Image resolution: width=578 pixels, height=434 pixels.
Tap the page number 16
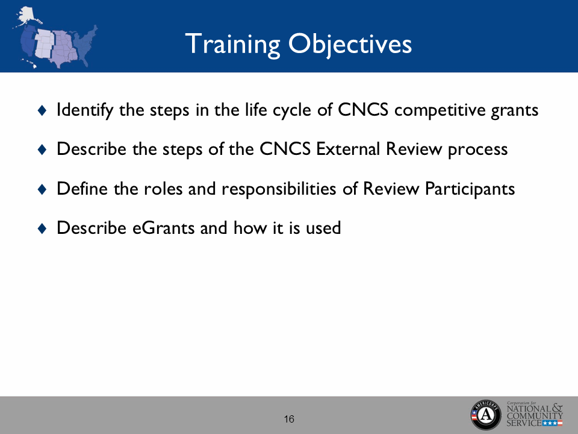(x=289, y=419)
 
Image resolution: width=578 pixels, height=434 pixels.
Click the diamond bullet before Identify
(x=42, y=110)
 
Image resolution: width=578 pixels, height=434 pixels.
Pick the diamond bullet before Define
(x=42, y=189)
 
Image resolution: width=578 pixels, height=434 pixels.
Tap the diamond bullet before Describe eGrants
(x=42, y=228)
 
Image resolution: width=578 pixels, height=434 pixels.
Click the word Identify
(x=81, y=110)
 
